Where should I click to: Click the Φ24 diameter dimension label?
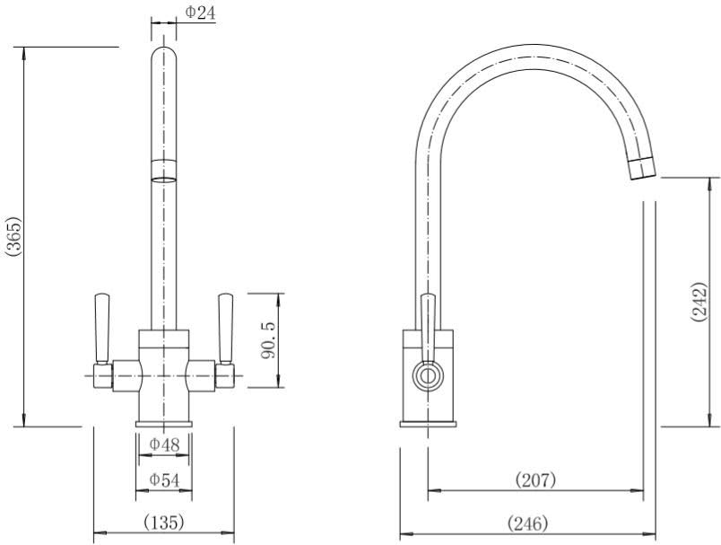pyautogui.click(x=200, y=12)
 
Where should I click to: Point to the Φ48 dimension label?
pyautogui.click(x=164, y=444)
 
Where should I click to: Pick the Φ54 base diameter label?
pyautogui.click(x=164, y=480)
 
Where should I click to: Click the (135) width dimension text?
pyautogui.click(x=164, y=522)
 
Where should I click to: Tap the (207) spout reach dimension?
pyautogui.click(x=535, y=479)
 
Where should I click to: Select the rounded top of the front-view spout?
pyautogui.click(x=162, y=54)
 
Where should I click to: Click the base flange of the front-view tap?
pyautogui.click(x=163, y=423)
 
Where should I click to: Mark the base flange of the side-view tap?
pyautogui.click(x=429, y=423)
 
